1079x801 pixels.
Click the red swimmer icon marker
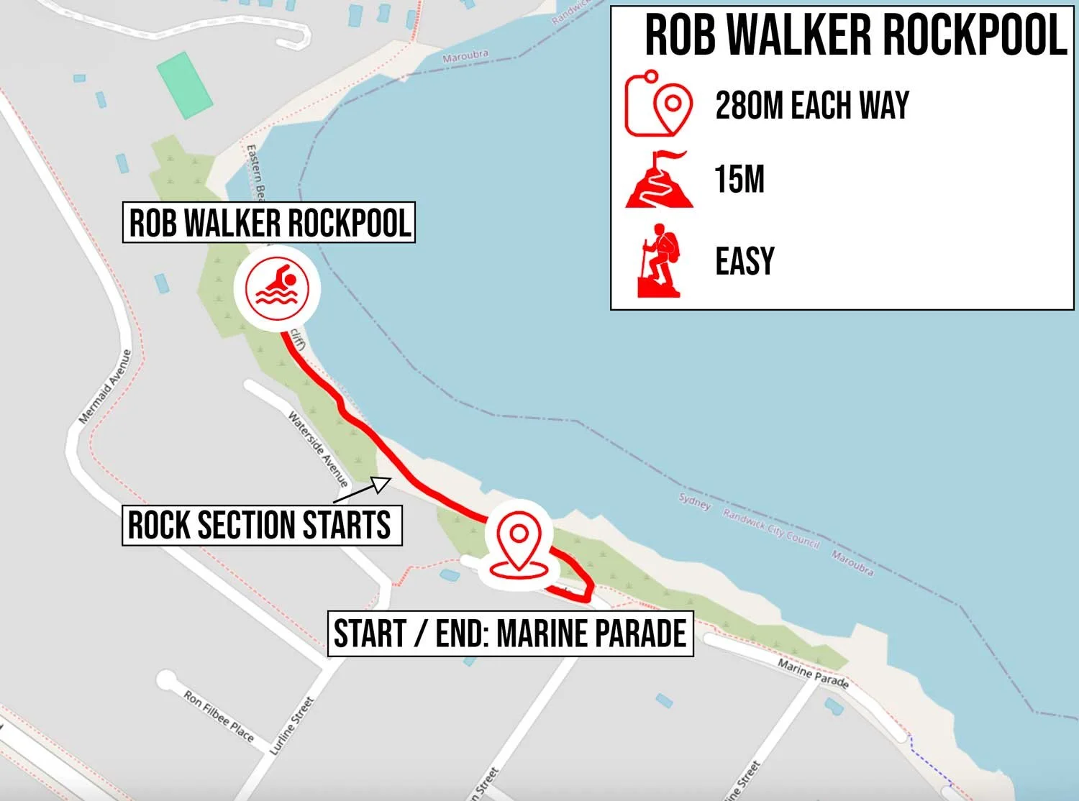point(277,288)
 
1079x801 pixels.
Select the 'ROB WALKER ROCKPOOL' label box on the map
point(269,222)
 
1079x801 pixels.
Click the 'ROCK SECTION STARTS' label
point(261,525)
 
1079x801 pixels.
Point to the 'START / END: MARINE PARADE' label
point(510,633)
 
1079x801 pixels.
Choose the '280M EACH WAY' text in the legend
point(811,106)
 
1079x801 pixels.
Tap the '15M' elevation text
point(739,179)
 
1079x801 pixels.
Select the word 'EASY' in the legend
point(745,261)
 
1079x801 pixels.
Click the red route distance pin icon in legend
point(658,104)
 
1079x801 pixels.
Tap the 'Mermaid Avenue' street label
point(105,387)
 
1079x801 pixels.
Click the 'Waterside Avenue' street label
point(317,448)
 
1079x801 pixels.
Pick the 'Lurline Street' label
point(292,726)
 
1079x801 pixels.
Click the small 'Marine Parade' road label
point(813,673)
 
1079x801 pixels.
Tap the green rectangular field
point(185,85)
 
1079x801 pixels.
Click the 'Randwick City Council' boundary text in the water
point(771,528)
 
